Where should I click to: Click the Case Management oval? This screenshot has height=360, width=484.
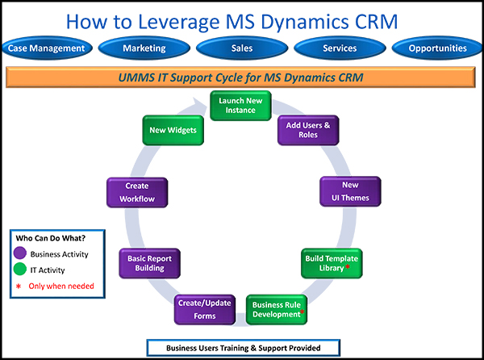(46, 48)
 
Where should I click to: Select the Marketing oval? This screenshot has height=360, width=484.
(144, 48)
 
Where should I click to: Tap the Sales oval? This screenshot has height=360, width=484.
(242, 48)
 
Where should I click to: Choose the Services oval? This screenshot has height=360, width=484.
(340, 48)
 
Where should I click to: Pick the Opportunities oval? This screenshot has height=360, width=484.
(437, 48)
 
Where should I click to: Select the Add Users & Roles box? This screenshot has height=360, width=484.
(302, 129)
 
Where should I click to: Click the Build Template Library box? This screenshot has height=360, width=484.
(332, 263)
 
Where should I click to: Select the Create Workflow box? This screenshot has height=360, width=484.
(137, 192)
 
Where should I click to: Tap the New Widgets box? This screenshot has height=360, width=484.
(171, 129)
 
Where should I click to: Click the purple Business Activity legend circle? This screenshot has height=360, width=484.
(22, 255)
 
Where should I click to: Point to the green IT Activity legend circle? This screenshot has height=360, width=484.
(22, 270)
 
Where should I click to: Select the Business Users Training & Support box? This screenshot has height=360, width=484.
(243, 348)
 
